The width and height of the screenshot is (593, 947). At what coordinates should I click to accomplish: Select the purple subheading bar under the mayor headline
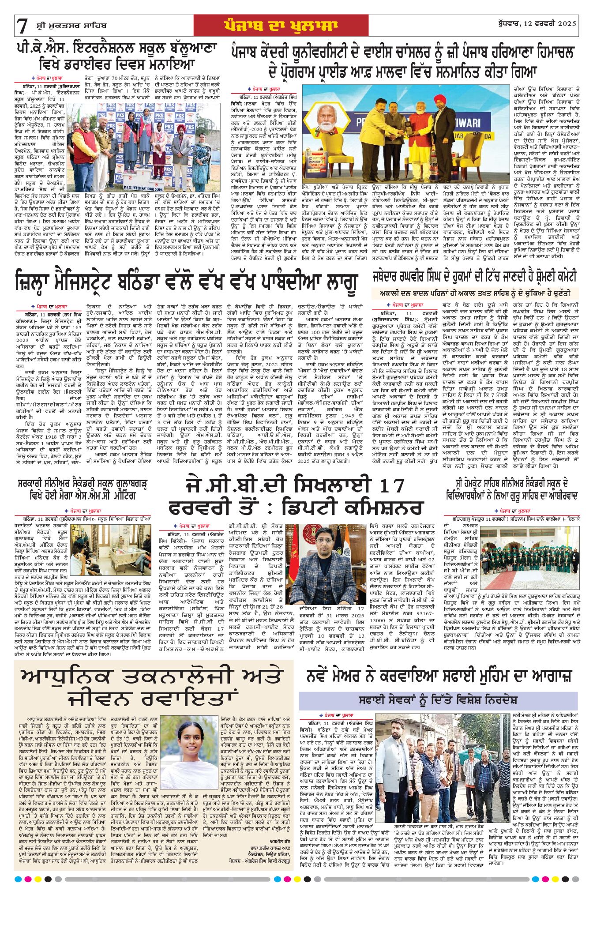click(x=438, y=700)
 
